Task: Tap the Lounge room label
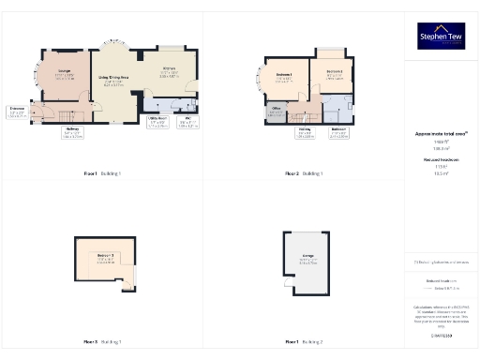tap(65, 74)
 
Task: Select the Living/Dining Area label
tap(113, 81)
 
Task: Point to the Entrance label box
tap(18, 113)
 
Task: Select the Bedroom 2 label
tap(333, 73)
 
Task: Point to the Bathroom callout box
tap(339, 134)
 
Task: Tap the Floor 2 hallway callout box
tap(305, 134)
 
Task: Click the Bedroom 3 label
tap(105, 259)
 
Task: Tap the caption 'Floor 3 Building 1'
tap(103, 342)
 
